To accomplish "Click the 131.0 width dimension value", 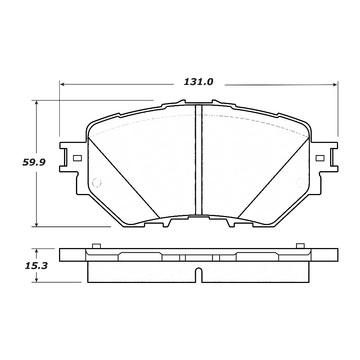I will pyautogui.click(x=198, y=82).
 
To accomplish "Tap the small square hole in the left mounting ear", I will pyautogui.click(x=77, y=158).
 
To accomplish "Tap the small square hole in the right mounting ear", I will pyautogui.click(x=320, y=158).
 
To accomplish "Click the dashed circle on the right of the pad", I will pyautogui.click(x=300, y=183).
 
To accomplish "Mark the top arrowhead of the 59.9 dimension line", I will pyautogui.click(x=37, y=103).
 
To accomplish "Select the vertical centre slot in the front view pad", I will pyautogui.click(x=198, y=160).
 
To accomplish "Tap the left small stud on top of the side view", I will pyautogui.click(x=96, y=246).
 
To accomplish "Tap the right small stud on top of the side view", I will pyautogui.click(x=300, y=246).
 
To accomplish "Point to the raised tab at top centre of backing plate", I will pyautogui.click(x=198, y=102).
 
